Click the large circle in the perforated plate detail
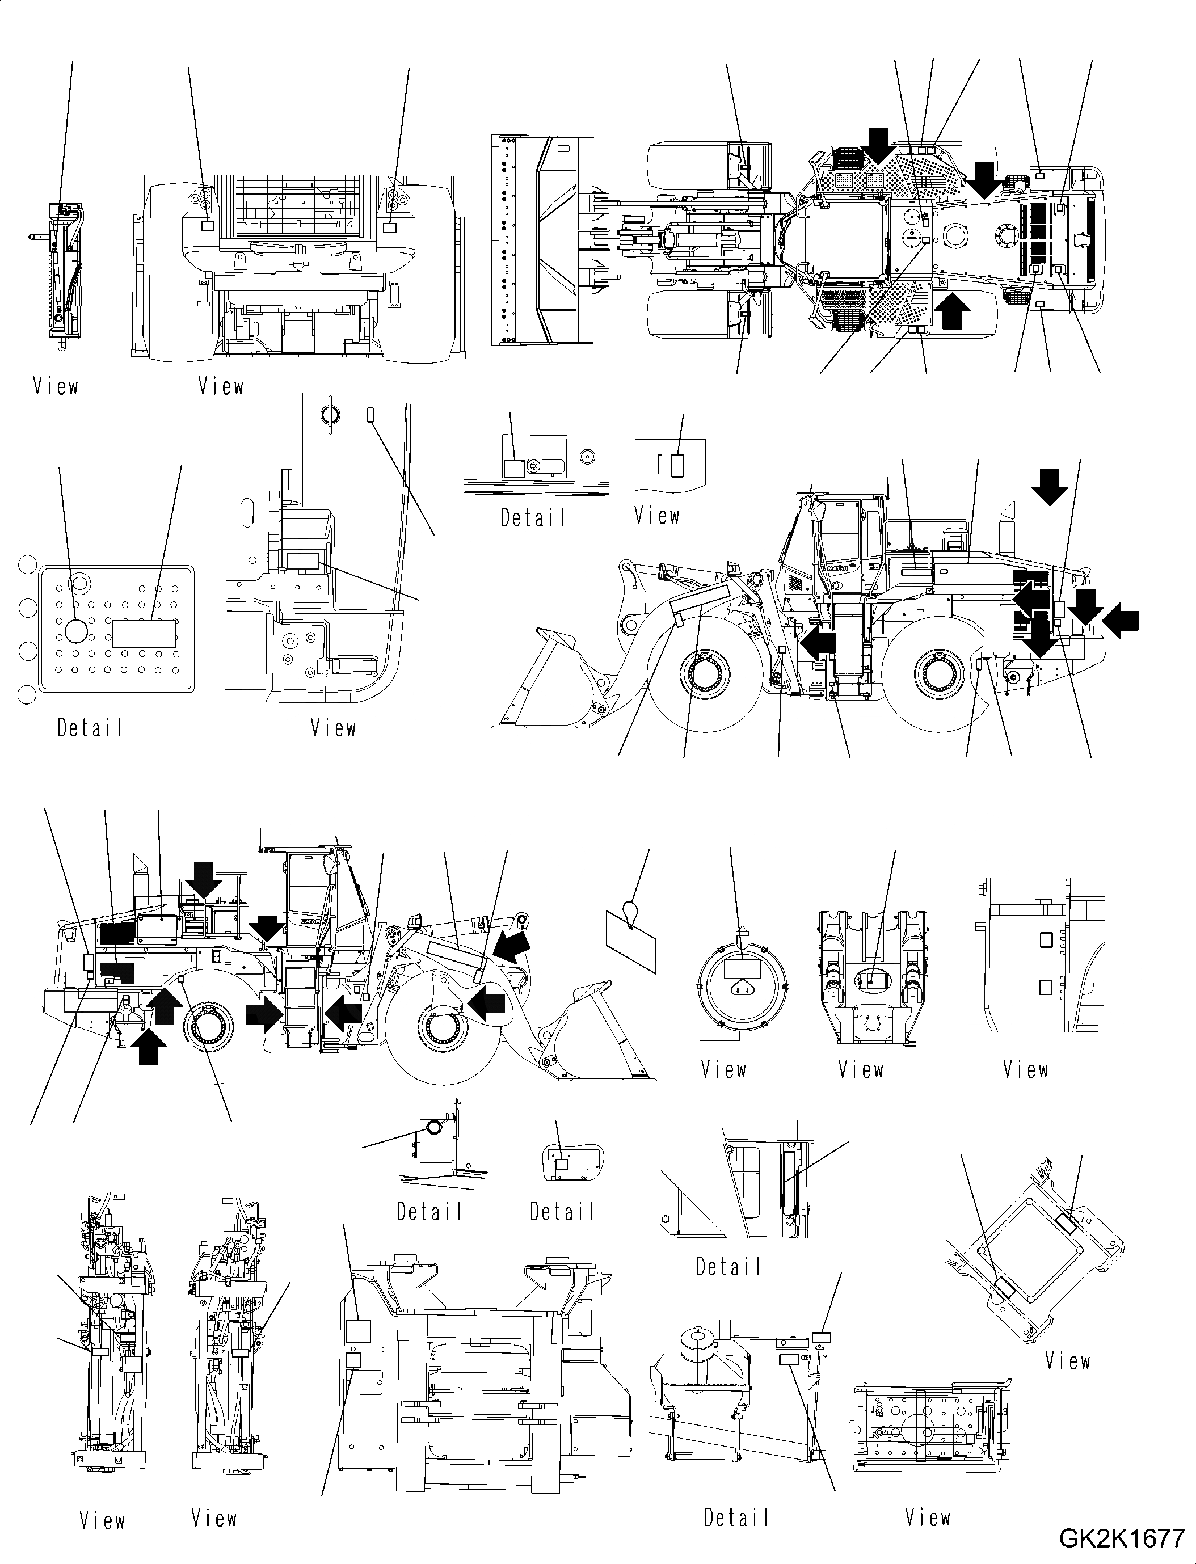[75, 631]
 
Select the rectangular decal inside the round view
[742, 969]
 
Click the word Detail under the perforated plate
[90, 728]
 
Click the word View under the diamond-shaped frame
[1067, 1360]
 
